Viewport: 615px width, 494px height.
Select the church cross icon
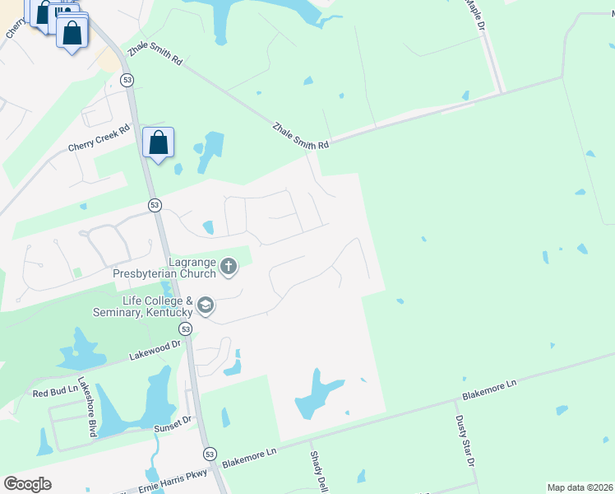point(229,265)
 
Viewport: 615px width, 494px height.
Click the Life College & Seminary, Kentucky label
point(158,306)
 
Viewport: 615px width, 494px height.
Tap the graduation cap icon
point(205,307)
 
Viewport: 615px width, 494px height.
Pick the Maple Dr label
point(474,15)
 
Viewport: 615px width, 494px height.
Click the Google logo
point(27,483)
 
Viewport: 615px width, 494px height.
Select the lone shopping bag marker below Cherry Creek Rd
point(158,142)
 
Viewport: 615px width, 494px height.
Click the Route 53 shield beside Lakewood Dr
point(187,329)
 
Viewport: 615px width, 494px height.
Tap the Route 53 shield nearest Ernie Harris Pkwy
point(210,454)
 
